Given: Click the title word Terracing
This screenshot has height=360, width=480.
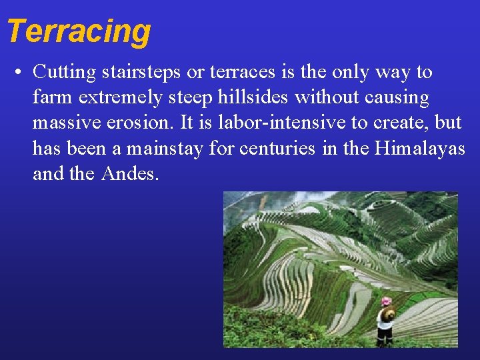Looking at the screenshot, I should tap(79, 31).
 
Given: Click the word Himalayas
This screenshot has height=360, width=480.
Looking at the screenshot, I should tap(420, 149).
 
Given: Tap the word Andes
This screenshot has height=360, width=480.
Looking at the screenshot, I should tap(131, 174).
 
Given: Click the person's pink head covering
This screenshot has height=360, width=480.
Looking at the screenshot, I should tap(385, 302).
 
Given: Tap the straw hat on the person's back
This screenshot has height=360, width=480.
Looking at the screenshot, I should tap(387, 313).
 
